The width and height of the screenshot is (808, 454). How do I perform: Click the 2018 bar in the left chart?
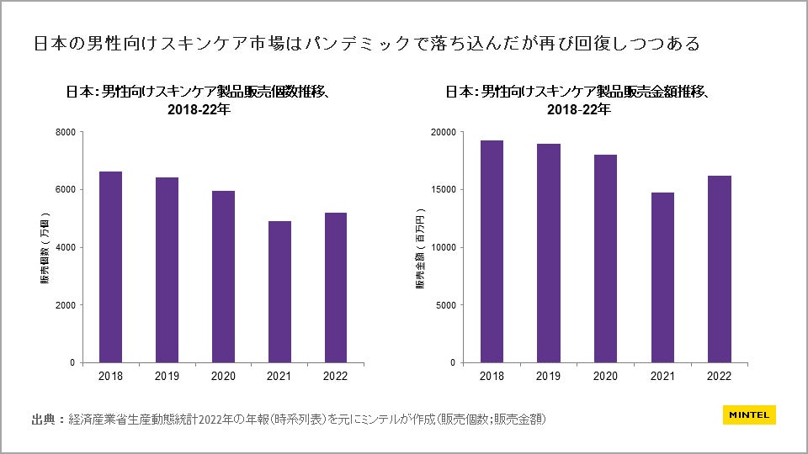(110, 267)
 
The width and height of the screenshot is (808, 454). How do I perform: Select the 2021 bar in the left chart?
(279, 292)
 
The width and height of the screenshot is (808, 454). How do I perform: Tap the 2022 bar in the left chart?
(335, 288)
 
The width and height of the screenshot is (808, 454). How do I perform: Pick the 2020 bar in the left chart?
(223, 277)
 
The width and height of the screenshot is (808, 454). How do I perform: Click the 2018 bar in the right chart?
(492, 251)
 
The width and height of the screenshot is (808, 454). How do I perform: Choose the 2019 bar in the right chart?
(549, 253)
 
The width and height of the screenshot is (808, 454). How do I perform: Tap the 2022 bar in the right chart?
(720, 269)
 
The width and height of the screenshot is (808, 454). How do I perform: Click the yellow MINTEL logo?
(749, 415)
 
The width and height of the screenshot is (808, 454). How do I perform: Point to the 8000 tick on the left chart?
(65, 132)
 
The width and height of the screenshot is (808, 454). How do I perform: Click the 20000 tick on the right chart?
(443, 132)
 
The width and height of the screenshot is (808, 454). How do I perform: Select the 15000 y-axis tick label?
(443, 190)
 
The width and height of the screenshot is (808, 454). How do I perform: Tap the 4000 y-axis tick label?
(65, 247)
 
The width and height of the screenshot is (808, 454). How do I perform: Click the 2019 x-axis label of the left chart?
(167, 376)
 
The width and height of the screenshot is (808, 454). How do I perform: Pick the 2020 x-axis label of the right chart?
(605, 376)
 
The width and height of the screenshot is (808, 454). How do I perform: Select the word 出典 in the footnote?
(43, 418)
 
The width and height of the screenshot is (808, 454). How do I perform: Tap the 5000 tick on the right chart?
(445, 305)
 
